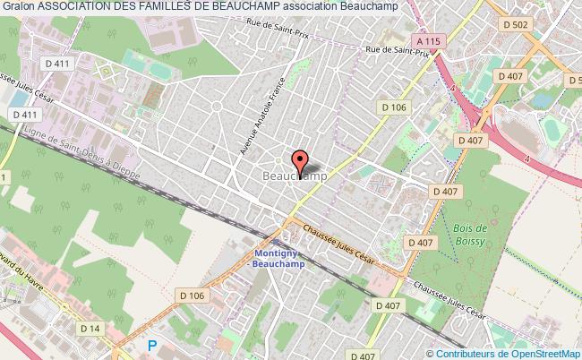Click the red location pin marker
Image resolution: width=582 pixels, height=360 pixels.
300,162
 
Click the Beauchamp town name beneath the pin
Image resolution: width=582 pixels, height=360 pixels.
295,177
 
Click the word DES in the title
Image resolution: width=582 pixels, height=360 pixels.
124,7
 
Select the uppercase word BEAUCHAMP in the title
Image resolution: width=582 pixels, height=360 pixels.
244,7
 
